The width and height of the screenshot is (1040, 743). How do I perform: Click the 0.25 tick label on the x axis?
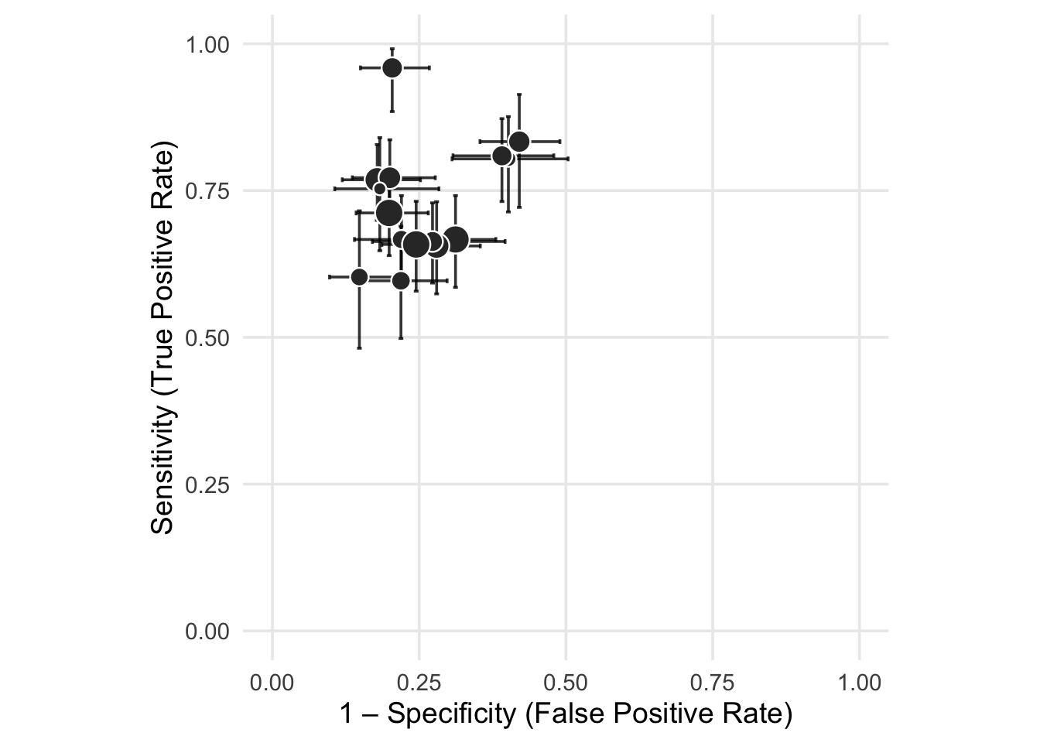[419, 683]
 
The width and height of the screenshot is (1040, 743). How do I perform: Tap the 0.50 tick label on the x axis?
[566, 683]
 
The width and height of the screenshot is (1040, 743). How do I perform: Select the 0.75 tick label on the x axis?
[713, 683]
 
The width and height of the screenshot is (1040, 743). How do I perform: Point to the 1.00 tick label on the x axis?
[860, 683]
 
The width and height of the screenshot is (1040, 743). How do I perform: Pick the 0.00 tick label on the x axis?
[272, 683]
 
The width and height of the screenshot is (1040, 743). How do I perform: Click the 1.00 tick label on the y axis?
[207, 44]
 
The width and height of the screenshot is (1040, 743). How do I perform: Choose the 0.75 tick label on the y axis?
[207, 191]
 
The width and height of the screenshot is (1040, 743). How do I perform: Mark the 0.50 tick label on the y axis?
[207, 338]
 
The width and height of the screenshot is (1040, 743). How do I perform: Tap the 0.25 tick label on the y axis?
[207, 485]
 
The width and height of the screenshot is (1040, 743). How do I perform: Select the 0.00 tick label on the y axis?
[207, 632]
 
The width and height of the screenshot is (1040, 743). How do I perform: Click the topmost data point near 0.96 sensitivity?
[392, 68]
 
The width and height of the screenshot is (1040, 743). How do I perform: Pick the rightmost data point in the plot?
[519, 142]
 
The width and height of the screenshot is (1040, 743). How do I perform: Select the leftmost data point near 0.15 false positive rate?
[359, 277]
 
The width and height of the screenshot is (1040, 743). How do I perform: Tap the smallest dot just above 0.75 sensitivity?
[380, 189]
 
